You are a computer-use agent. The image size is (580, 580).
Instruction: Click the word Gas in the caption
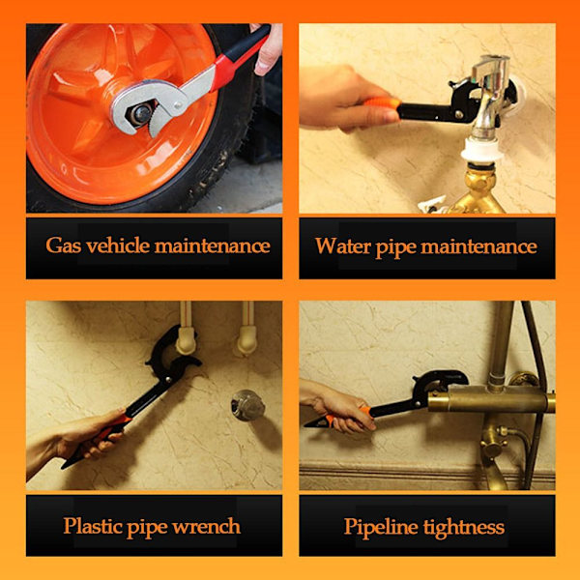point(63,246)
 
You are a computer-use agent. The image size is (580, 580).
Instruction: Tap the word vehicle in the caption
point(118,246)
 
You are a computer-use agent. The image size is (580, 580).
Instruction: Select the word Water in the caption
point(343,246)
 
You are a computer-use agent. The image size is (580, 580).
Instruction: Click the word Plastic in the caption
point(93,526)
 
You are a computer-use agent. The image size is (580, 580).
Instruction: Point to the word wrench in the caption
point(207,526)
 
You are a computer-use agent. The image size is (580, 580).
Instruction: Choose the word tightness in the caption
point(464,527)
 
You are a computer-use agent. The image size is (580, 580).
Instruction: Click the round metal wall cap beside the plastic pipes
point(247,405)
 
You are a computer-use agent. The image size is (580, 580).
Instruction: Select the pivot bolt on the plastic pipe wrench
point(168,380)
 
